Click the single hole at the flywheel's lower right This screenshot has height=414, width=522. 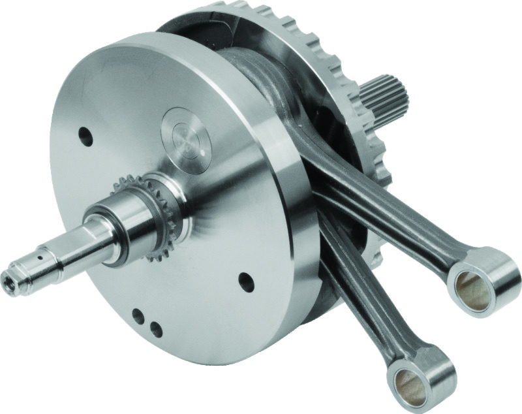[x=245, y=282]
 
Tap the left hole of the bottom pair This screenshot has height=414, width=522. [x=138, y=316]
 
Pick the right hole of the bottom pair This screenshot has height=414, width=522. [x=155, y=328]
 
